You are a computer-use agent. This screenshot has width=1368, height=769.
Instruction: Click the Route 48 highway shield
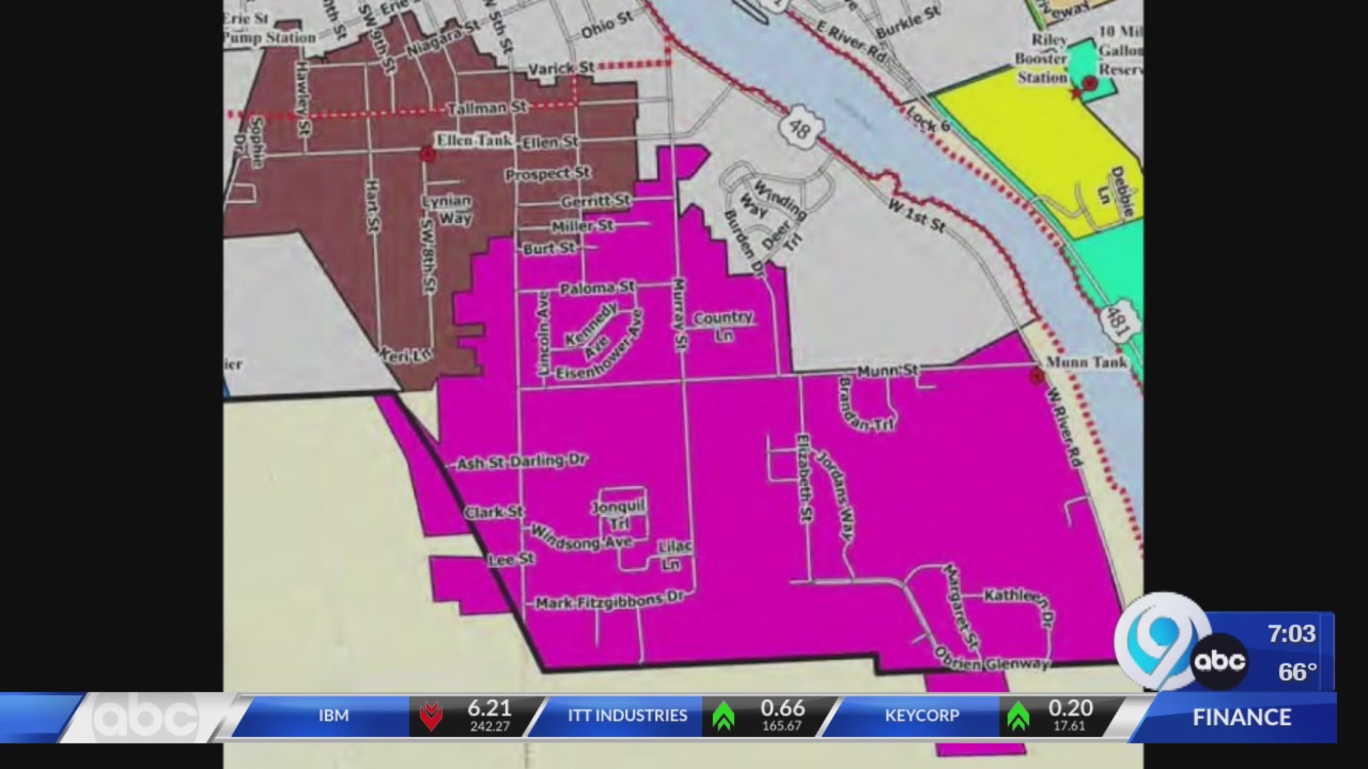(x=799, y=127)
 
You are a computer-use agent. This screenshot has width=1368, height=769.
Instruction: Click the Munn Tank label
(x=1086, y=362)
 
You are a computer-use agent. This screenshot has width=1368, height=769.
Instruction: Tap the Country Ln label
(x=723, y=325)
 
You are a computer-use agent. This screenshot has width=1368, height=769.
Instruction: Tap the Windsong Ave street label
(x=581, y=538)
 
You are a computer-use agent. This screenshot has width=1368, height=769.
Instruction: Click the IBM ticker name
(x=333, y=715)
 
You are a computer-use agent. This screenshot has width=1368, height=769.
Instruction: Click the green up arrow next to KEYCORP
(x=1017, y=716)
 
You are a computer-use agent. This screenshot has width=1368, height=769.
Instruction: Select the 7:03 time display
(x=1291, y=633)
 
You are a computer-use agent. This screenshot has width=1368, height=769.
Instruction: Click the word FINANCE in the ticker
(x=1242, y=717)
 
